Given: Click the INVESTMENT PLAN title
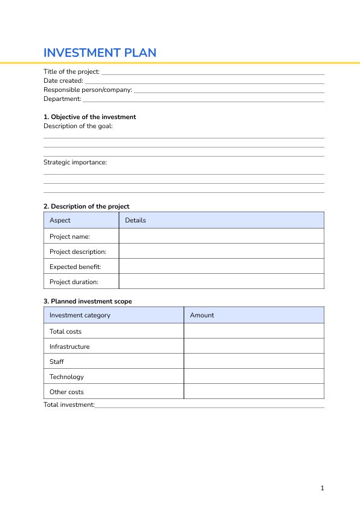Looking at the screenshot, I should coord(100,53).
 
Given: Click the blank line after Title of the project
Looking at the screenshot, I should coord(212,73).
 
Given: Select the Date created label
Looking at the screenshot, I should coord(63,80).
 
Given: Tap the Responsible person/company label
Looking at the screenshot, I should coord(88,89).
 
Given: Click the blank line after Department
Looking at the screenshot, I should coord(203,100).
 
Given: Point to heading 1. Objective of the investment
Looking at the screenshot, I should coord(89,117).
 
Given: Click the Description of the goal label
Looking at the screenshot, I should coord(78,126).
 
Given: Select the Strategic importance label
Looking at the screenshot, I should coord(75,162).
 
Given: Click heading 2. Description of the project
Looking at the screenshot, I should coord(86,206).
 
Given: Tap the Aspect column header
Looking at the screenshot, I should coord(60,220).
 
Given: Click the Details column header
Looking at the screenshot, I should coord(135,220).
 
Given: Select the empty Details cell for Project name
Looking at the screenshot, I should coord(221,236).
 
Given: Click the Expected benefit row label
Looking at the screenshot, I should coord(75,267).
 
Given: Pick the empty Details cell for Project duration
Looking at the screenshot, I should coord(221,282).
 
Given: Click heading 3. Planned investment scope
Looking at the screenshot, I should coord(88,301).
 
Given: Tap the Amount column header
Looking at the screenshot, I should coord(202,315).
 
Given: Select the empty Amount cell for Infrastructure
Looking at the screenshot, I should coord(254,346).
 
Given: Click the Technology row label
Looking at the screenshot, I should coord(66,377).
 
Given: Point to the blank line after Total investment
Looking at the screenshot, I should coord(209,406).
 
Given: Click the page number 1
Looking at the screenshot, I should coord(323,488).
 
